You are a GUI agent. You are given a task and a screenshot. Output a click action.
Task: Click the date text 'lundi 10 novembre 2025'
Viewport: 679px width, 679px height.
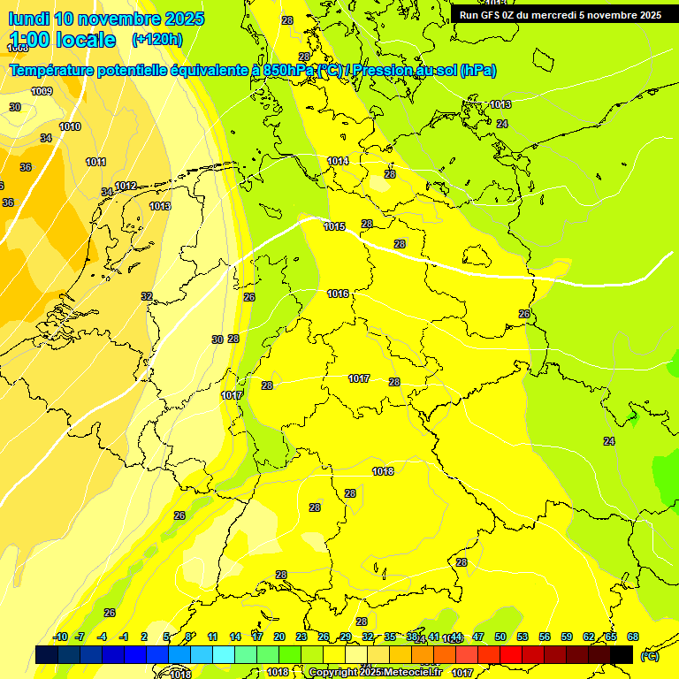coord(105,19)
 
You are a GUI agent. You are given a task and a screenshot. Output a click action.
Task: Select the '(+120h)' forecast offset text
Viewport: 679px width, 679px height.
coord(157,39)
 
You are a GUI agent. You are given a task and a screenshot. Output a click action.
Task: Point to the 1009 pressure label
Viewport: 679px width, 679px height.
coord(42,91)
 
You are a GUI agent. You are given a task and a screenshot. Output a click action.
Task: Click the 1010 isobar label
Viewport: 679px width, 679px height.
coord(70,126)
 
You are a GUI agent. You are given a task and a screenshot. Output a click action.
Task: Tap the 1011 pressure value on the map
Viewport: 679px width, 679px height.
coord(96,162)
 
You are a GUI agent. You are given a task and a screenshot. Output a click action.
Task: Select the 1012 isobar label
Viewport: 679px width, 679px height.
coord(126,186)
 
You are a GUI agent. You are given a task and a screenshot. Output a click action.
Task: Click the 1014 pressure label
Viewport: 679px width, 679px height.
coord(338,161)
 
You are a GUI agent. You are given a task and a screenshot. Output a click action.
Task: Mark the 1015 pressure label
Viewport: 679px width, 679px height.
coord(334,226)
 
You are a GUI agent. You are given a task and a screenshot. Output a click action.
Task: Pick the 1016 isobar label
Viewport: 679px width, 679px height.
coord(338,294)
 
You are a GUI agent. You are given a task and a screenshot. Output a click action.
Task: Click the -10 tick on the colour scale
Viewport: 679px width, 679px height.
coord(60,637)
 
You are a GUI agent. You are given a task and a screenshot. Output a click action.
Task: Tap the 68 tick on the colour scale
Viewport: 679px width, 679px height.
coord(633,637)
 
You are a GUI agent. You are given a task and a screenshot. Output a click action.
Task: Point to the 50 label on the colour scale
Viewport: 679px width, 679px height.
coord(500,637)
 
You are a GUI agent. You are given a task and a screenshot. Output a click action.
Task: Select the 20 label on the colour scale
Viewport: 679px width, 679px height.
coord(279,637)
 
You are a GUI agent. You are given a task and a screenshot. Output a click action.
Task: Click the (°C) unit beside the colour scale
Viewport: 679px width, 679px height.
coord(649,655)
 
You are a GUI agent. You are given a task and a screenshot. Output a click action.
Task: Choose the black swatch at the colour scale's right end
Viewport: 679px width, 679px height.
coord(622,654)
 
